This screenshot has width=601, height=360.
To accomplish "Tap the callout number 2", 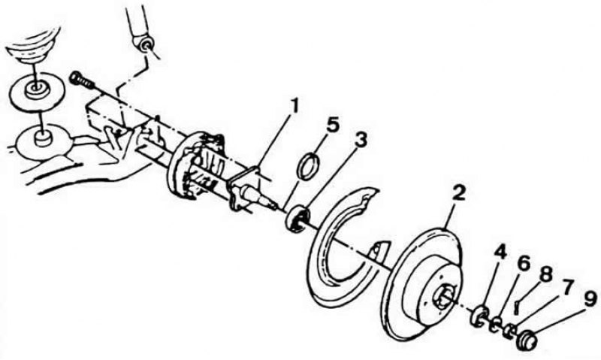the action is pyautogui.click(x=458, y=193).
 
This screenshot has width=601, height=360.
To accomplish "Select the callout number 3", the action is pyautogui.click(x=360, y=141).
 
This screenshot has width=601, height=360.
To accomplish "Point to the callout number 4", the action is pyautogui.click(x=500, y=253).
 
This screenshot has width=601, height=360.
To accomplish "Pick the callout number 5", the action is pyautogui.click(x=332, y=126).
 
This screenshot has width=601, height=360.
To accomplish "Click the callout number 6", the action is pyautogui.click(x=524, y=263).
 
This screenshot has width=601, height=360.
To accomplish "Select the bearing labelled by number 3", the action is pyautogui.click(x=297, y=219).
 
